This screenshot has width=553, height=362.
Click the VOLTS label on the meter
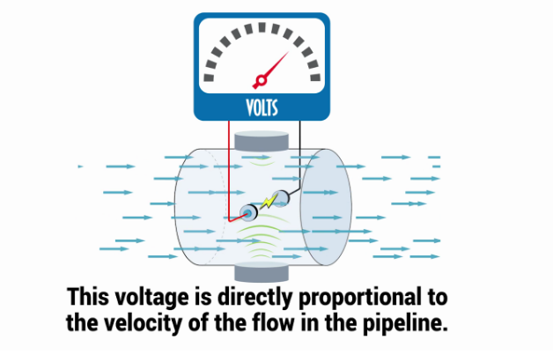point(262,107)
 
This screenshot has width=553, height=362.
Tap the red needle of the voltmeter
point(272,70)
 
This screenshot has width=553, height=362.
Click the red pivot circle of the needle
point(261,80)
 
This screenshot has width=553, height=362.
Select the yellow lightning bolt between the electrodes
point(269,202)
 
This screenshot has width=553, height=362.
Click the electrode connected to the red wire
point(248,213)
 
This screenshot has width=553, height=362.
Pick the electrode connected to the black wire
point(282,198)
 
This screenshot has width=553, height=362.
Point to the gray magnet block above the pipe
point(262,141)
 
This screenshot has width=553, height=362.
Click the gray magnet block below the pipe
point(262,272)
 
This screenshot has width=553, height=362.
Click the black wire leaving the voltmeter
point(299,155)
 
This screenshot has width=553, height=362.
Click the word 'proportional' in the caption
point(360,298)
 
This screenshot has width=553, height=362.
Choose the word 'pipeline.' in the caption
point(405,324)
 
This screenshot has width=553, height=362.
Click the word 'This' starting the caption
point(87,296)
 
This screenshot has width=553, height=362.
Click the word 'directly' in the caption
point(254,297)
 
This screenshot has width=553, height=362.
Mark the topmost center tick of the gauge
point(262,27)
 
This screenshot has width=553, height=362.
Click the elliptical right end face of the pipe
point(326,207)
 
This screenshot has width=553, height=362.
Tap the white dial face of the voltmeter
point(262,55)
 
